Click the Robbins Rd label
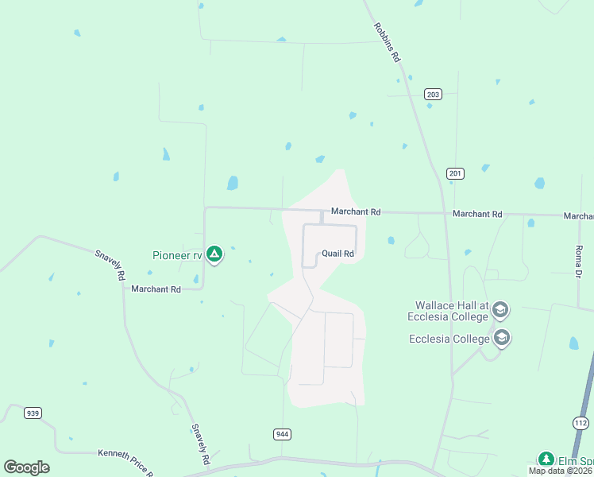point(387,42)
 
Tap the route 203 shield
point(433,94)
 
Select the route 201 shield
point(455,173)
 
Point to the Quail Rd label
point(337,254)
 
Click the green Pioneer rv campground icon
point(214,254)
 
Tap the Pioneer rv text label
point(177,255)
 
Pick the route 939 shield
point(33,413)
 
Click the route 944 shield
point(282,433)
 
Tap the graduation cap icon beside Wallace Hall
point(500,309)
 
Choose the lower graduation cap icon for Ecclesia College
point(502,339)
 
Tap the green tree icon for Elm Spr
point(546,459)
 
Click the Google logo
point(27,467)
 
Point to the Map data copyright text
point(561,471)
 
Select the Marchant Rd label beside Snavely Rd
point(156,289)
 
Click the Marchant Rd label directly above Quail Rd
point(356,212)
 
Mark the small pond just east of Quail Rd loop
point(391,240)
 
